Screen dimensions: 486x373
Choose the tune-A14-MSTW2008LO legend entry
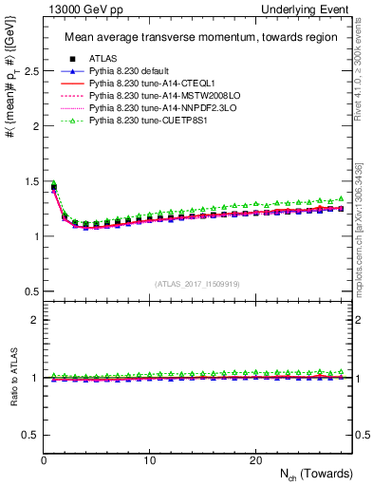154,96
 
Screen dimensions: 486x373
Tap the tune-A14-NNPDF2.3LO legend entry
153,108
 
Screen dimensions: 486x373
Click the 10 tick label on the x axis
150,460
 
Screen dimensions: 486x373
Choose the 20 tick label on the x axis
255,460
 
